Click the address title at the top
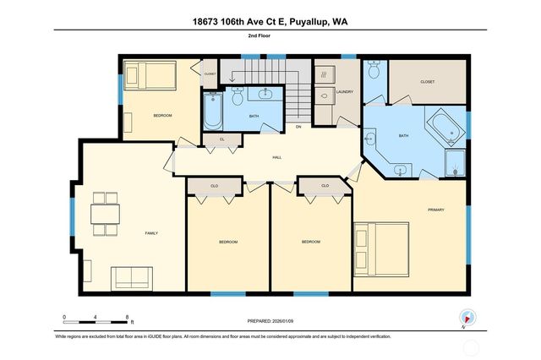pyautogui.click(x=270, y=19)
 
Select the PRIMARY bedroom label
pyautogui.click(x=435, y=210)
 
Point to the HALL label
pyautogui.click(x=276, y=158)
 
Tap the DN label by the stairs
pyautogui.click(x=298, y=127)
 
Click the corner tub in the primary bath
pyautogui.click(x=445, y=127)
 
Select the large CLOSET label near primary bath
pyautogui.click(x=427, y=82)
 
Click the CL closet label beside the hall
pyautogui.click(x=221, y=139)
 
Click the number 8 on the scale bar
pyautogui.click(x=128, y=317)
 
